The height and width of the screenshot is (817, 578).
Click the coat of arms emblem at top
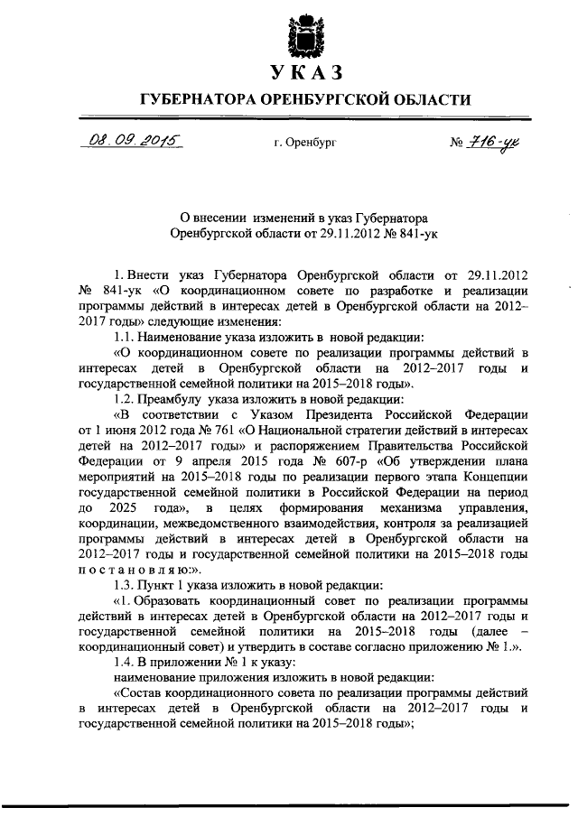pos(304,34)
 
